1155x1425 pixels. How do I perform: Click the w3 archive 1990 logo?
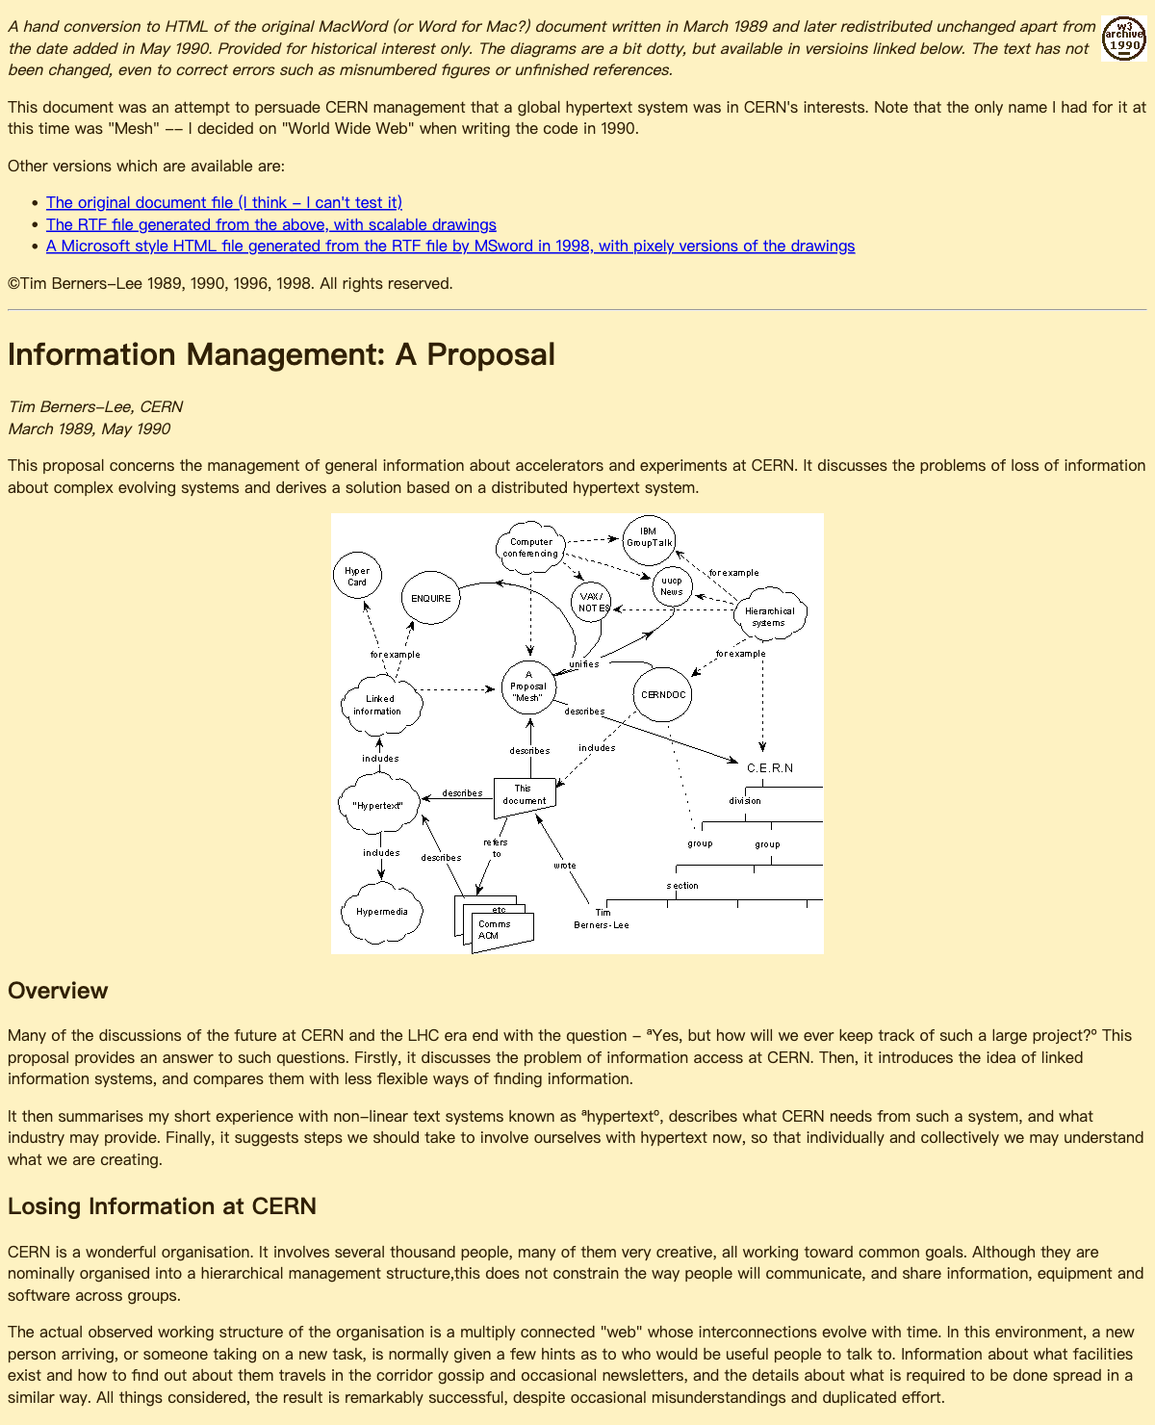(x=1123, y=39)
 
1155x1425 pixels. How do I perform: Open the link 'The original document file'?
(x=224, y=202)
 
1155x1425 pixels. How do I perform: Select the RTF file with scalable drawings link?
(x=271, y=224)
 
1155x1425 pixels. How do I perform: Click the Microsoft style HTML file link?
(x=450, y=246)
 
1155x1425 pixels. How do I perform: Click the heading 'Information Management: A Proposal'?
(x=281, y=354)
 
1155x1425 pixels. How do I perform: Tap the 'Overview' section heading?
(x=58, y=991)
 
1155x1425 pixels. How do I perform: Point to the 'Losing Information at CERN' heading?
(x=162, y=1206)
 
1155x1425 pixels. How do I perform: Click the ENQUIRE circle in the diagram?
(x=430, y=598)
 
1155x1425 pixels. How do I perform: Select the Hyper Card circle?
(x=357, y=577)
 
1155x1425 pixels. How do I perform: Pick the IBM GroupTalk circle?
(x=649, y=537)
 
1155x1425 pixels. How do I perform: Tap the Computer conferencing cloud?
(x=530, y=548)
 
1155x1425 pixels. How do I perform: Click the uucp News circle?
(x=672, y=585)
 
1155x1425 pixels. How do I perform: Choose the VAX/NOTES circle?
(x=592, y=603)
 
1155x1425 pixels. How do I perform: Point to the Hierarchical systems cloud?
(x=769, y=616)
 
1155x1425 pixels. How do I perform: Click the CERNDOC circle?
(x=662, y=694)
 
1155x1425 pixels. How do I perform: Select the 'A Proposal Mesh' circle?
(x=528, y=687)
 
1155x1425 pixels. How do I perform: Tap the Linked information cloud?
(x=380, y=705)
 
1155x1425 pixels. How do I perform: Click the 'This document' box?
(x=525, y=795)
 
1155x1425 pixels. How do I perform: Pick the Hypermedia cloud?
(x=382, y=912)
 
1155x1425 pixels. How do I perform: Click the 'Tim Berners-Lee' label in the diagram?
(x=602, y=919)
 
